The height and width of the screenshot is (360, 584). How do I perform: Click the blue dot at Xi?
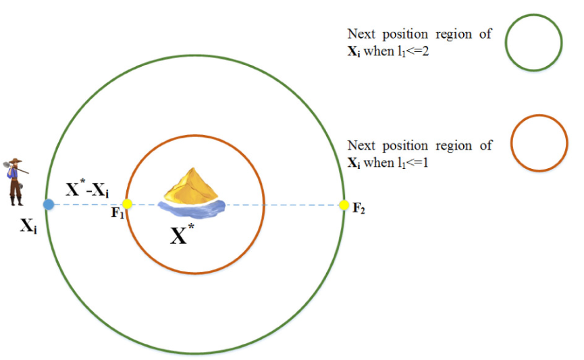[x=48, y=204]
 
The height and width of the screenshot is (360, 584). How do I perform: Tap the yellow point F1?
[x=128, y=204]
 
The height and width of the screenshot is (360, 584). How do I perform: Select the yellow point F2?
[x=344, y=205]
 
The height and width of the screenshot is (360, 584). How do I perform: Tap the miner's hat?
[x=16, y=161]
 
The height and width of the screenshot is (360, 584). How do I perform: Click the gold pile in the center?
[x=192, y=185]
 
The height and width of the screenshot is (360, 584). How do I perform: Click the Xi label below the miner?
[x=28, y=228]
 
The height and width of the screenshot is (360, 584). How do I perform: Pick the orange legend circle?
[x=539, y=144]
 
